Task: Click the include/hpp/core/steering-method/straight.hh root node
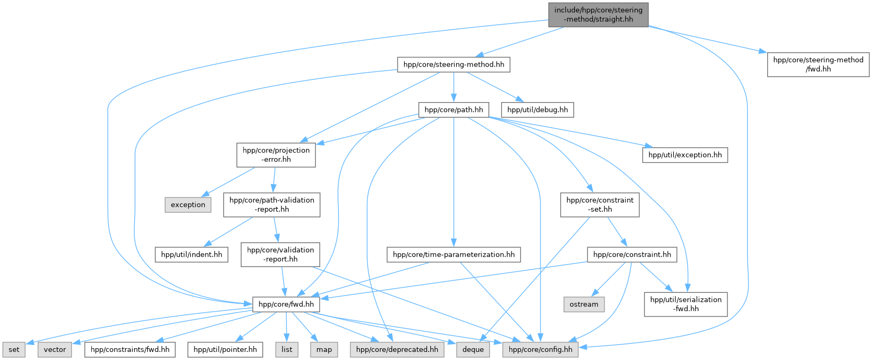598,15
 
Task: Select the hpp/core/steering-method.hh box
453,64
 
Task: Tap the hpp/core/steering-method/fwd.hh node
818,64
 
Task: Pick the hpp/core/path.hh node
453,110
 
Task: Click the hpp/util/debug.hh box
537,110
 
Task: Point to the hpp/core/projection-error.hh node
276,155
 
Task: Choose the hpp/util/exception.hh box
685,155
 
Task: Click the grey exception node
188,205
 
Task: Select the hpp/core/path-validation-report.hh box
272,205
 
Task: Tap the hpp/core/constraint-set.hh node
600,205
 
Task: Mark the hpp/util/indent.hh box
192,255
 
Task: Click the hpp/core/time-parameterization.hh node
453,255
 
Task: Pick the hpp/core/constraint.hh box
632,255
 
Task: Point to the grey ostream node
584,304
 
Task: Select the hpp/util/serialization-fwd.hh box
686,304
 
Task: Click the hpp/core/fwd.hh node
286,304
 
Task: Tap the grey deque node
473,349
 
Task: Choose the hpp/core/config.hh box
541,349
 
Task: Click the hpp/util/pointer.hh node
225,349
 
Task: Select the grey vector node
55,349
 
